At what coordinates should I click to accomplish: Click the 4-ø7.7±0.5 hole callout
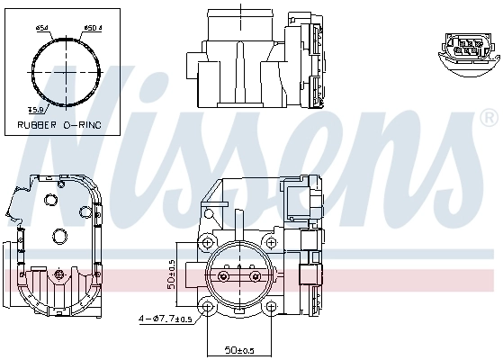[x=166, y=319]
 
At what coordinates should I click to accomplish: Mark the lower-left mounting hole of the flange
[x=209, y=307]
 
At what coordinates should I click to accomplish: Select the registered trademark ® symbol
[x=489, y=117]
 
